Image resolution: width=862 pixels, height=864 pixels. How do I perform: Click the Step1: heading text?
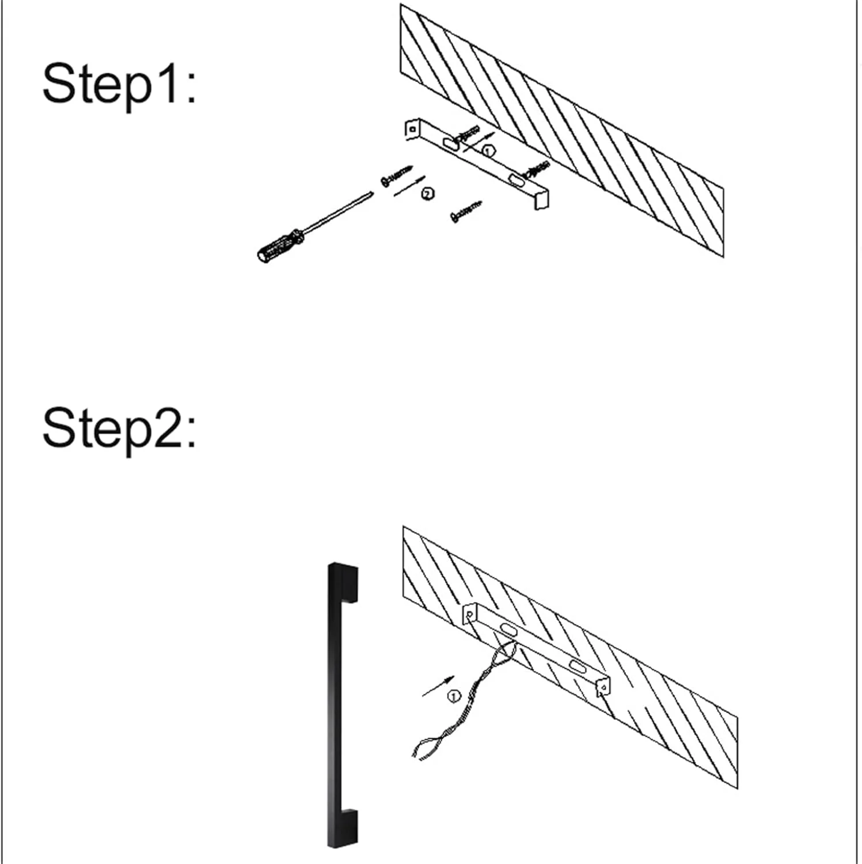click(119, 85)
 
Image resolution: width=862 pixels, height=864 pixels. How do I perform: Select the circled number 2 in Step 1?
click(428, 194)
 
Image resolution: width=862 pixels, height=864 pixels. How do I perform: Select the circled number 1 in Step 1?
click(488, 151)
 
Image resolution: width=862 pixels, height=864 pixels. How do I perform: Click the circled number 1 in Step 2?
click(454, 697)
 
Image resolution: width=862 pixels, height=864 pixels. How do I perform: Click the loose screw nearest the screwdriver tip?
click(396, 175)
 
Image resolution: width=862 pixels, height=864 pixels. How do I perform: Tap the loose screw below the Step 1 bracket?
click(466, 211)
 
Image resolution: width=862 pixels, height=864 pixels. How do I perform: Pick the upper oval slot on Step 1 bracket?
click(451, 144)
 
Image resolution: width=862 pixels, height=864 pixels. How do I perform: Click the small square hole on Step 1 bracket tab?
click(412, 130)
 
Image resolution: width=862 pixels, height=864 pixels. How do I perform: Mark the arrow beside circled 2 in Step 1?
click(409, 186)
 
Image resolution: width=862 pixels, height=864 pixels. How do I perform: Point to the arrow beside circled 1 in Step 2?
click(438, 686)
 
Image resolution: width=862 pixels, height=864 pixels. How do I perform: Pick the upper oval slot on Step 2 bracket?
click(508, 629)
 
